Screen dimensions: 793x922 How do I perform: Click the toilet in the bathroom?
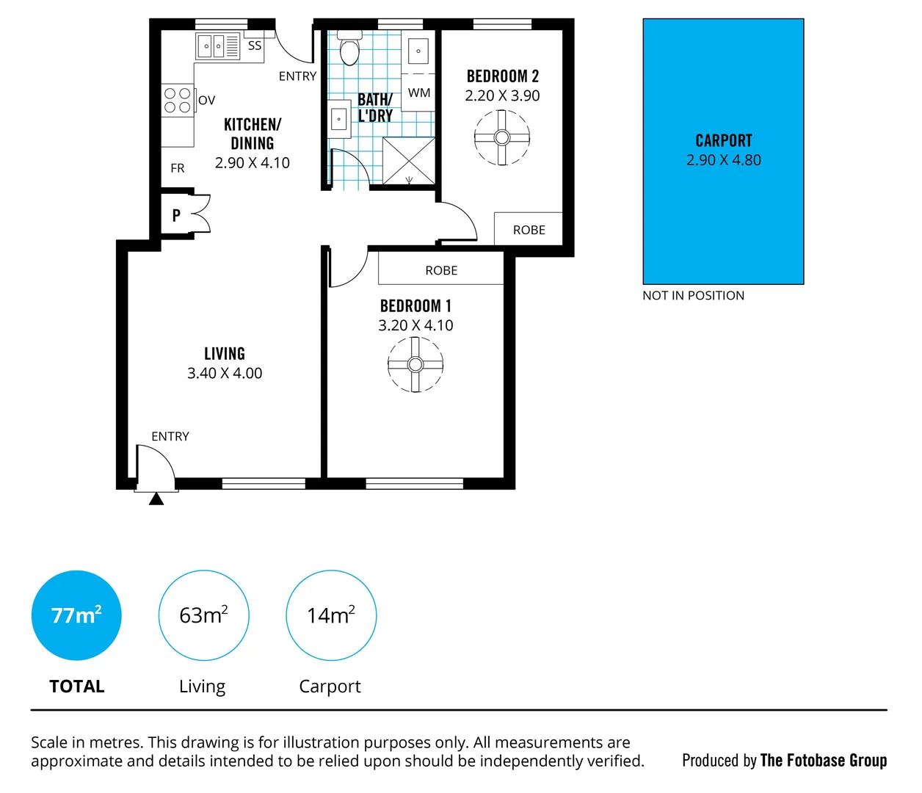(349, 48)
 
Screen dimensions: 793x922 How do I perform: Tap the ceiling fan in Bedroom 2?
(502, 137)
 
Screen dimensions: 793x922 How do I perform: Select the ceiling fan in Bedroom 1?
(415, 364)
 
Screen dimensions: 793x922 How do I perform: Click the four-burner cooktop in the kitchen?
(178, 101)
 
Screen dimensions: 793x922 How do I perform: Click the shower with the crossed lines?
(409, 161)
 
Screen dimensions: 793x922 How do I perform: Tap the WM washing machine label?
(419, 93)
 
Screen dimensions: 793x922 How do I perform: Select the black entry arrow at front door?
(156, 499)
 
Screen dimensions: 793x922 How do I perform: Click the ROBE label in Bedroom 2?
(529, 230)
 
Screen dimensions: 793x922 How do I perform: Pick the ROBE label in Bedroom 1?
(441, 270)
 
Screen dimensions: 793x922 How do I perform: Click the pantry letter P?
(176, 216)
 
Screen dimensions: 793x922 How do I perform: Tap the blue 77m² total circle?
(76, 615)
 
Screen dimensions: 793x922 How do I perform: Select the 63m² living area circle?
(203, 615)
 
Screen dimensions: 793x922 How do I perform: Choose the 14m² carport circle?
(331, 615)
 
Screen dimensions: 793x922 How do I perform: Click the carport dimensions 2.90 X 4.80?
(724, 160)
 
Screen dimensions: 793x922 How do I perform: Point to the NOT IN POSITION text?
(693, 295)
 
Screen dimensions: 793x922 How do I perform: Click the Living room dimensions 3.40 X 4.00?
(225, 373)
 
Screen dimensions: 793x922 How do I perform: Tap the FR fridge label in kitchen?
(178, 168)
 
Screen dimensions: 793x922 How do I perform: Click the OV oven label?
(207, 101)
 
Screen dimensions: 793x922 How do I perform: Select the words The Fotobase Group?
(824, 761)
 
